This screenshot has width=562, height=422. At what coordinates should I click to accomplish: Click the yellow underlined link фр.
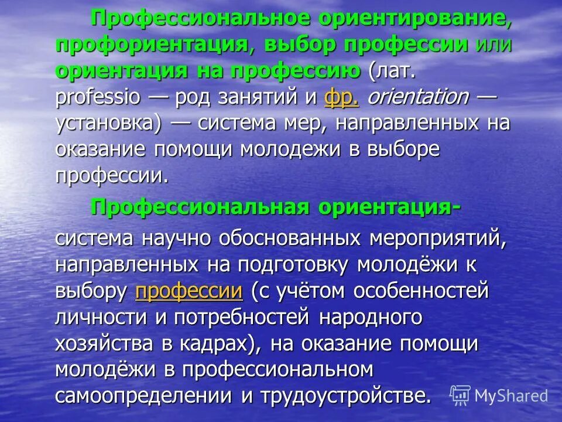click(x=341, y=97)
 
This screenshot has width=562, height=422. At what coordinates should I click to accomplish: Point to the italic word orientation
click(x=417, y=97)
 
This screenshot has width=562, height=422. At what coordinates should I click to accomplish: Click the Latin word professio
click(x=98, y=97)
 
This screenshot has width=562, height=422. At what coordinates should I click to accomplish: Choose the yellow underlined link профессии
click(x=189, y=291)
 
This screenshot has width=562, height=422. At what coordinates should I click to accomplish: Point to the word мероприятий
click(x=438, y=239)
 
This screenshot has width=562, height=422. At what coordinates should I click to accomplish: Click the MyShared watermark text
click(x=511, y=396)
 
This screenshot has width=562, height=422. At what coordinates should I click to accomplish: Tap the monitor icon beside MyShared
click(x=461, y=396)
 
